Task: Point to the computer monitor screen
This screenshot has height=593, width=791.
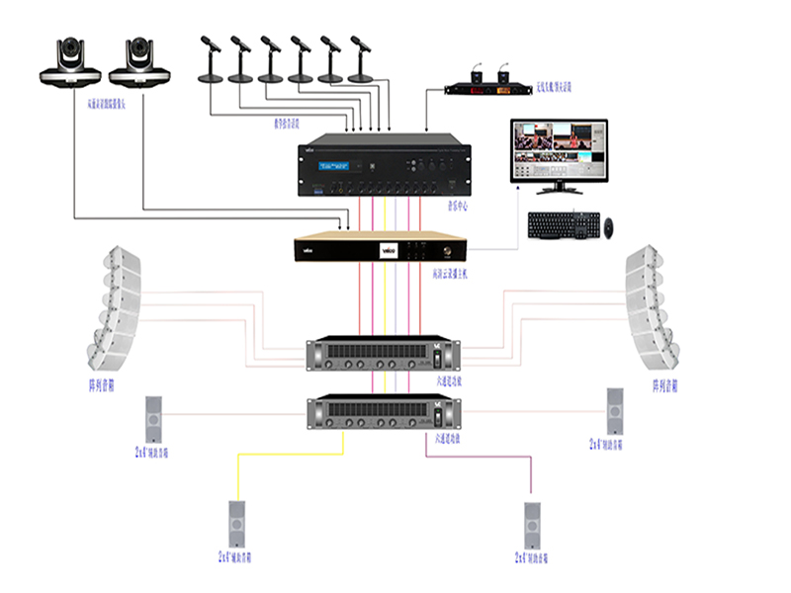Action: point(559,147)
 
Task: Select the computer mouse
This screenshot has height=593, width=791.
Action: point(611,226)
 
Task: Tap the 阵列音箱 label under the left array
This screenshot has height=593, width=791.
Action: point(102,384)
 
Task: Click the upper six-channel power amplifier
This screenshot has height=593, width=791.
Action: point(385,354)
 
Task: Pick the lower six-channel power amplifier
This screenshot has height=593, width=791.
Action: point(385,411)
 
